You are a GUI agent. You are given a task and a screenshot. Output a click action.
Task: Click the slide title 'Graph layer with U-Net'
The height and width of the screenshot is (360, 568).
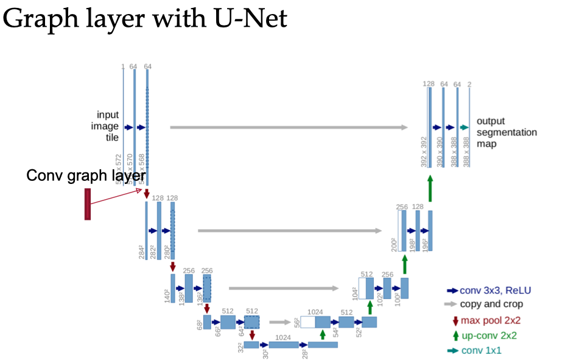(145, 20)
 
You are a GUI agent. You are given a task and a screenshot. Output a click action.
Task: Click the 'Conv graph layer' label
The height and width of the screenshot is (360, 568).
(85, 175)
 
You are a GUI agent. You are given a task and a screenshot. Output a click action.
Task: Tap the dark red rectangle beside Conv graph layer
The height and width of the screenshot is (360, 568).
(88, 204)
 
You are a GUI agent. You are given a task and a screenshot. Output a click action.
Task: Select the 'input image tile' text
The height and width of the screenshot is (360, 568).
(108, 127)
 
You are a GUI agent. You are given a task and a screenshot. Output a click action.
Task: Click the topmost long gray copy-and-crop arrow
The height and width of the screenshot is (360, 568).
(289, 127)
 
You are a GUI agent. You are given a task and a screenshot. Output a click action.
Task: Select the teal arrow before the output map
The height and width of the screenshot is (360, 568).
(465, 127)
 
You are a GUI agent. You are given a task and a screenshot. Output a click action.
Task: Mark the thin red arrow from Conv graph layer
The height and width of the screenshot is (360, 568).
(116, 197)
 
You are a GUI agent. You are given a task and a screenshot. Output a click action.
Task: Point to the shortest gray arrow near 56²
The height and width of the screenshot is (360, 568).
(281, 323)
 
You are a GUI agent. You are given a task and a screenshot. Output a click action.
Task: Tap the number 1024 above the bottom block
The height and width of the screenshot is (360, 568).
(282, 337)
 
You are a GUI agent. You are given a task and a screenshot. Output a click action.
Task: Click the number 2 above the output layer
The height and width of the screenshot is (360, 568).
(469, 83)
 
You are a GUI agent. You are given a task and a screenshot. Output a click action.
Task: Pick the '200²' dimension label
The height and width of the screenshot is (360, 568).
(394, 244)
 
